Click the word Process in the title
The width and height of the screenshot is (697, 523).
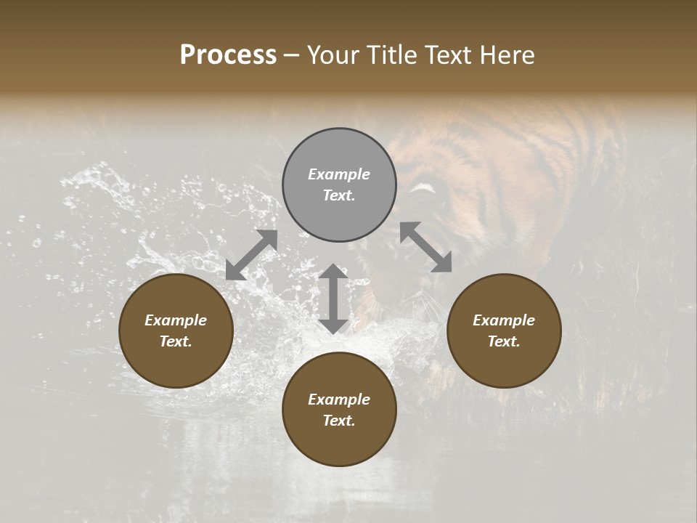pos(228,55)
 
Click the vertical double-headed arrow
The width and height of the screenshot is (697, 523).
pos(333,299)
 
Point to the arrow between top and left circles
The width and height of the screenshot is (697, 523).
pos(252,254)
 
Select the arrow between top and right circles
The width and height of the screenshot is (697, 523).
pos(426,247)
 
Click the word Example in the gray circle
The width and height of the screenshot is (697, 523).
pos(339,174)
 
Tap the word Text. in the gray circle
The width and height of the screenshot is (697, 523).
pos(339,195)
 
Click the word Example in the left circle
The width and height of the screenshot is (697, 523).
pos(176,320)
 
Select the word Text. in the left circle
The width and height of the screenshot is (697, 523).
pos(176,341)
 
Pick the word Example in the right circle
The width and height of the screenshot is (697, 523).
pos(504,320)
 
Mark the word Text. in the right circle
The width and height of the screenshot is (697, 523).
pos(504,341)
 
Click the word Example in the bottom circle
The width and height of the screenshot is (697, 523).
pos(339,400)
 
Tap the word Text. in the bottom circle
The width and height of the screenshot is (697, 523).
pos(339,421)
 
